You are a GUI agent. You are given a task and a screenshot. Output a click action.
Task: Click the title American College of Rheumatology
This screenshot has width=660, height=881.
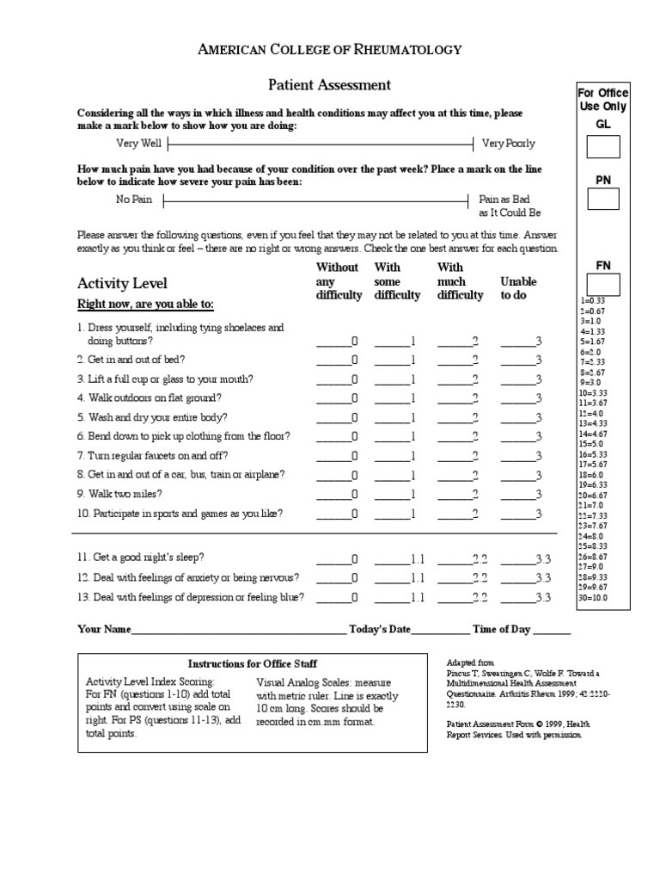tap(330, 50)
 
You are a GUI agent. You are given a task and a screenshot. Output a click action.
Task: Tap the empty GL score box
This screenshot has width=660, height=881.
tap(603, 147)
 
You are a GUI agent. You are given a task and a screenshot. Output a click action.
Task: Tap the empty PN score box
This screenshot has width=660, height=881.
tap(603, 200)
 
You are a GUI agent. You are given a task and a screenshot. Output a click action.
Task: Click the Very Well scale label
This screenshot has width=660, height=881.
tap(138, 143)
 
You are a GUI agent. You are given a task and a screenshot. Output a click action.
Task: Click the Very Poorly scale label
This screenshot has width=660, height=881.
tap(508, 144)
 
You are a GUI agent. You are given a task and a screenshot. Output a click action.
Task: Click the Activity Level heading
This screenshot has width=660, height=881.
tap(122, 283)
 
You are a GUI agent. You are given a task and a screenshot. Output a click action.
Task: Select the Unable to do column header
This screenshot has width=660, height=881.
tap(518, 288)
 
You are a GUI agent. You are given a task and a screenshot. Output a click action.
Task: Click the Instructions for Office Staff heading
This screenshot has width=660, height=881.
tap(253, 663)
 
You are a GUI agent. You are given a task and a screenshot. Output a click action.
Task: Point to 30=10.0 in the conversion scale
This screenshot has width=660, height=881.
tap(594, 596)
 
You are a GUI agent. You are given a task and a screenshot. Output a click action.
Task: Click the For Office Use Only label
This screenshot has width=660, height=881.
tap(603, 100)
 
